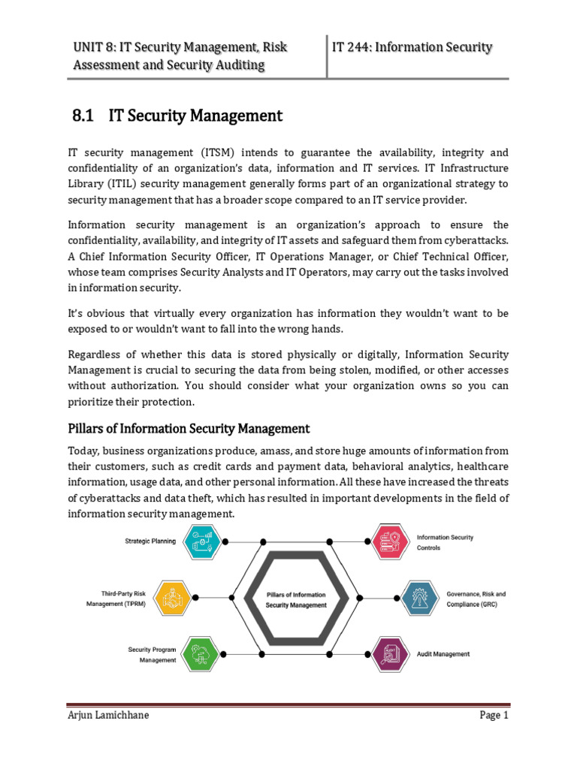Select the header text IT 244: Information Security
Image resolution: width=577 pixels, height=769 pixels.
(412, 48)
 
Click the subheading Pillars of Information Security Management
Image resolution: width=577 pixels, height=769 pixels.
(189, 429)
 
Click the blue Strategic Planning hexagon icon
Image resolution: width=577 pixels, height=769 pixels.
(203, 541)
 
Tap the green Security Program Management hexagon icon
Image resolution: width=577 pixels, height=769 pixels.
(203, 654)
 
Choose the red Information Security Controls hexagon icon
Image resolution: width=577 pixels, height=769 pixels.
(391, 541)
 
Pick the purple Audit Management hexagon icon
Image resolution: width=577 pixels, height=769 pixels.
(391, 654)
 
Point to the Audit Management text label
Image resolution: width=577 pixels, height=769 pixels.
(443, 654)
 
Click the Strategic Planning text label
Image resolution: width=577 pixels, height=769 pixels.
(151, 541)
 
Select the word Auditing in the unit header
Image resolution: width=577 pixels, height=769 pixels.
(237, 65)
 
